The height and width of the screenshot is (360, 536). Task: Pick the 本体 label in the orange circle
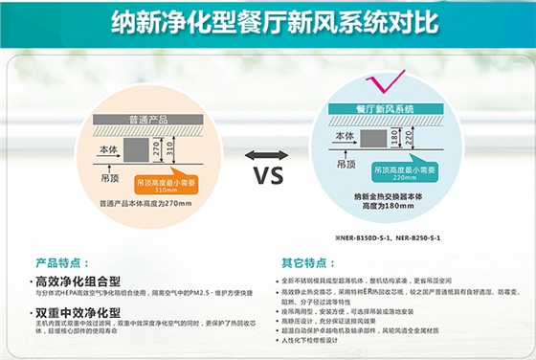click(x=108, y=149)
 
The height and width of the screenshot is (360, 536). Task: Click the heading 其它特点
click(x=299, y=260)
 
